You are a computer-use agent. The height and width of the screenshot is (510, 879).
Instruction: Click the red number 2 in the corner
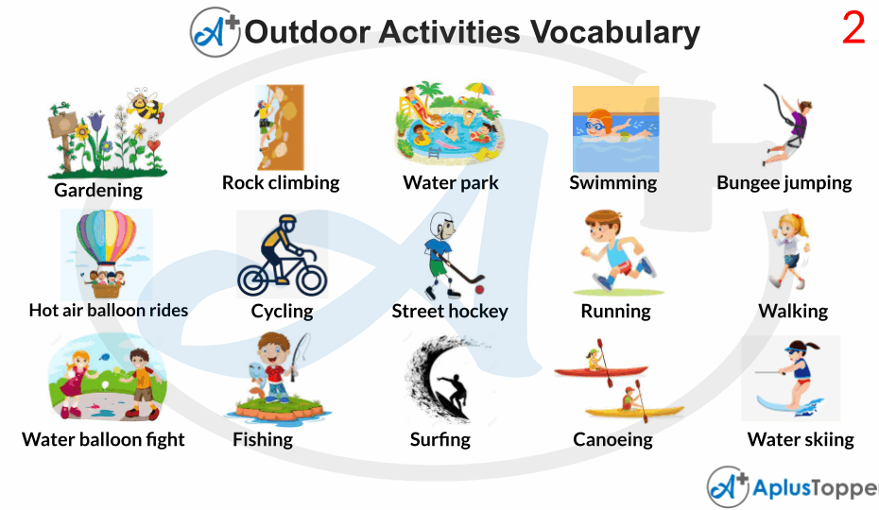[853, 29]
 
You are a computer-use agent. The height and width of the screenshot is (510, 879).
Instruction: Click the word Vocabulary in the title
[614, 32]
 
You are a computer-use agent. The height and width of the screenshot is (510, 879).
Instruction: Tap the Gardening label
[98, 190]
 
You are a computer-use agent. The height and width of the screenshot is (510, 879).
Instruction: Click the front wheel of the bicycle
[307, 278]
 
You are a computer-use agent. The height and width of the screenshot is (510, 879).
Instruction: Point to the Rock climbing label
[281, 182]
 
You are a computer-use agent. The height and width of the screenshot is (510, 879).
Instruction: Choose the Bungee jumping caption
[784, 182]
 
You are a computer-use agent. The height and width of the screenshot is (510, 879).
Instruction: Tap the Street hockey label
[450, 311]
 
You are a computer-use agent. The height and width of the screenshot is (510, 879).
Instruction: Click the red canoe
[601, 370]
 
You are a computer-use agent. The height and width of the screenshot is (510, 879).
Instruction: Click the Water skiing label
[800, 439]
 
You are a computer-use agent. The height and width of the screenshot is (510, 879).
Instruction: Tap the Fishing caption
[263, 439]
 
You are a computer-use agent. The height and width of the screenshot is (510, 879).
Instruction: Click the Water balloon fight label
[103, 439]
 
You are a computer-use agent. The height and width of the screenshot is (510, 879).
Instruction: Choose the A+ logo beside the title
[215, 31]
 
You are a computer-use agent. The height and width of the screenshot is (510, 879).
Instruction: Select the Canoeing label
[612, 439]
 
